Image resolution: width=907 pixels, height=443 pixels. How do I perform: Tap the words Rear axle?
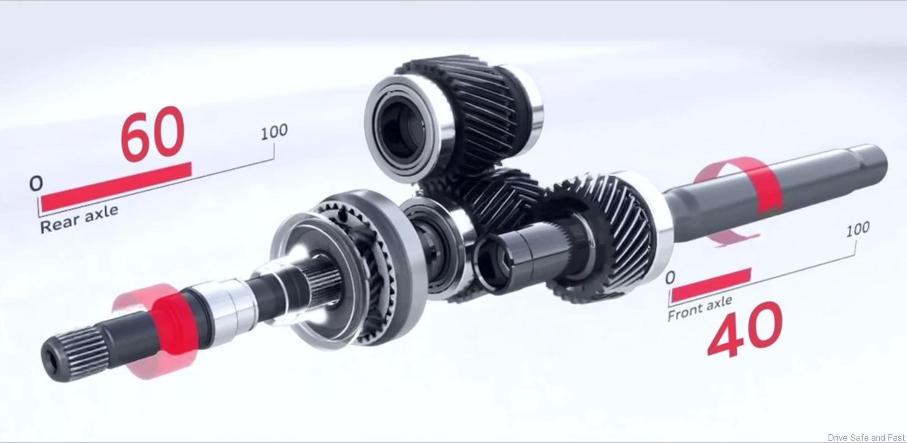coord(79,219)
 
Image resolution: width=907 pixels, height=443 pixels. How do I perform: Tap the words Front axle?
coord(700,308)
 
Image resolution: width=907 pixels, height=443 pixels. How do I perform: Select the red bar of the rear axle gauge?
coord(116,186)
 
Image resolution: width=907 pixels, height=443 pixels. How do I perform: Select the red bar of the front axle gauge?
coord(711,285)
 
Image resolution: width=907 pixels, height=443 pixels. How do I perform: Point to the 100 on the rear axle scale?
coord(274,132)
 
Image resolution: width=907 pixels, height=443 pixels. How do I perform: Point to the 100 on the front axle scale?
coord(857,229)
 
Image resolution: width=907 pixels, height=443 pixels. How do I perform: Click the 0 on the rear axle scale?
coord(36,183)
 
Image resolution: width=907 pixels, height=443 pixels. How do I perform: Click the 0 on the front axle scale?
coord(670,278)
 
